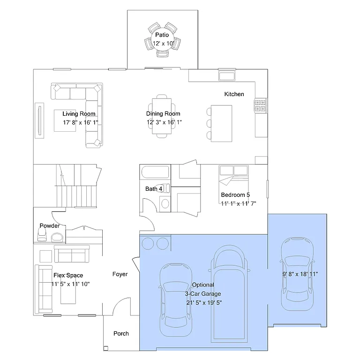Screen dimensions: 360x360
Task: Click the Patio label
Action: pos(162,35)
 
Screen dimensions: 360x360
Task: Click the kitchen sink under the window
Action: pos(227,76)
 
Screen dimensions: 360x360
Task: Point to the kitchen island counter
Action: pos(221,123)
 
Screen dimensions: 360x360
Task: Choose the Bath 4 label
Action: pos(154,189)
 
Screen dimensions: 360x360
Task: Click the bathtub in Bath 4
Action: pos(155,172)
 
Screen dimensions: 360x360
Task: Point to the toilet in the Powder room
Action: pos(56,237)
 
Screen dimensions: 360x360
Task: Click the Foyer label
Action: pos(120,274)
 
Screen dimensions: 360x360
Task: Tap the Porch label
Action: pos(121,334)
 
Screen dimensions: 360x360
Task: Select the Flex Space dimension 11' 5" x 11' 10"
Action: pos(70,284)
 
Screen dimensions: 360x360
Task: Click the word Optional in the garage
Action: pos(203,285)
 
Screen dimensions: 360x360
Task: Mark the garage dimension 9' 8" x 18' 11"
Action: pos(300,274)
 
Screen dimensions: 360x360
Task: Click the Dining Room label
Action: pos(163,113)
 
